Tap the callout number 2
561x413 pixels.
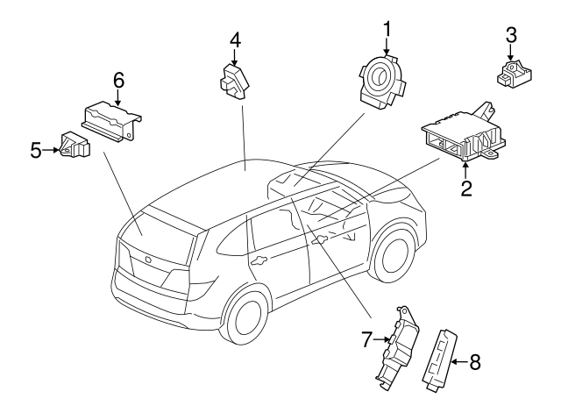[467, 186]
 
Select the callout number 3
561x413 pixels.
[511, 35]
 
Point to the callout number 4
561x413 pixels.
[235, 39]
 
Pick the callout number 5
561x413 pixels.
[35, 150]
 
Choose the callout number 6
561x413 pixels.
[117, 81]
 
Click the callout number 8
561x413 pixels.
[474, 361]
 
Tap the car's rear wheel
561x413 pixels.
[246, 319]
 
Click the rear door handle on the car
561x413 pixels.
[259, 260]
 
